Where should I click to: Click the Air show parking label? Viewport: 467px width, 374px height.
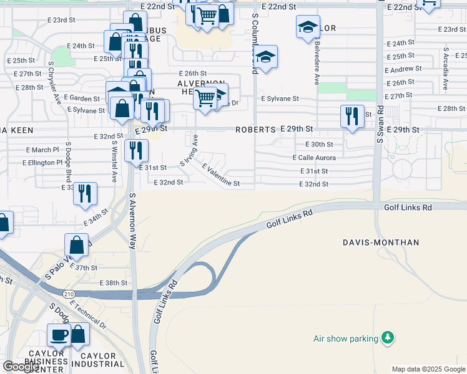346,339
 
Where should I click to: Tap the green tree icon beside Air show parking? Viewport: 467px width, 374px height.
388,338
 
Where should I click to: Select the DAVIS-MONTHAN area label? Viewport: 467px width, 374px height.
381,242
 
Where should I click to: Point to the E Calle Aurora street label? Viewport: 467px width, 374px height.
314,158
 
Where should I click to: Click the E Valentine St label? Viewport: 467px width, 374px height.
221,175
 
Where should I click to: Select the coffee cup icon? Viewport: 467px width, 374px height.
60,335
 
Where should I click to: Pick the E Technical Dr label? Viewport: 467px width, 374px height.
88,315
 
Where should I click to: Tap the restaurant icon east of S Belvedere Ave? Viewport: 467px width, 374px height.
352,116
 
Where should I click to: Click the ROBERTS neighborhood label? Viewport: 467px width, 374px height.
255,130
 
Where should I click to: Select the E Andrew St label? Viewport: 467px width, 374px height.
404,69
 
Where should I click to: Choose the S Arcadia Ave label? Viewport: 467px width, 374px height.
445,69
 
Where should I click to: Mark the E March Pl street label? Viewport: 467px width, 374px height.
42,150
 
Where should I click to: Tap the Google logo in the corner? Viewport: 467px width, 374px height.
21,367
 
